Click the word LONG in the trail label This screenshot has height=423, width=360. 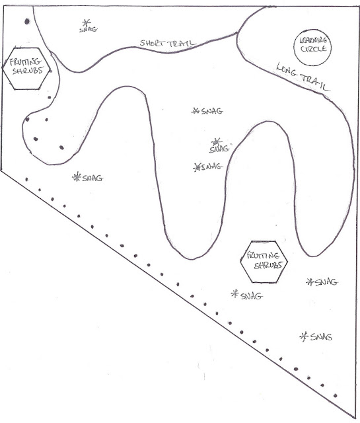[x=287, y=70]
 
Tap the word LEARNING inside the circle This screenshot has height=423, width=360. [x=313, y=41]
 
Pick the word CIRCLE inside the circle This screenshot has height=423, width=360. [x=313, y=49]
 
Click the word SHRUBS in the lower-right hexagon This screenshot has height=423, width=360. [x=268, y=265]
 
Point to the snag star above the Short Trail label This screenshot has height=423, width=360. [x=87, y=22]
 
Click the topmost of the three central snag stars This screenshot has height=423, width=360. [x=196, y=110]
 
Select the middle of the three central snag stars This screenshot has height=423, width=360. [x=216, y=141]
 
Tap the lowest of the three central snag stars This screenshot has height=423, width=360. [x=197, y=167]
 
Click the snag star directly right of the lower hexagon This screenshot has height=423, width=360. [x=310, y=282]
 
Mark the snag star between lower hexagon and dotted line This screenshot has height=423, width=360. [x=235, y=293]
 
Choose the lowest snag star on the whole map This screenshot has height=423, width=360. [x=304, y=336]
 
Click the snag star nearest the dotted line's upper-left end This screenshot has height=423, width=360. [x=77, y=176]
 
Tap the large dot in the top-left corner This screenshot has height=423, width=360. [x=27, y=21]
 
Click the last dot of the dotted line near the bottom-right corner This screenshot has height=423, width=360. [x=335, y=395]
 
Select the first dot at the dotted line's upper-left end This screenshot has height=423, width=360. [x=26, y=179]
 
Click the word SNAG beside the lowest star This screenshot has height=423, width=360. [x=321, y=337]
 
